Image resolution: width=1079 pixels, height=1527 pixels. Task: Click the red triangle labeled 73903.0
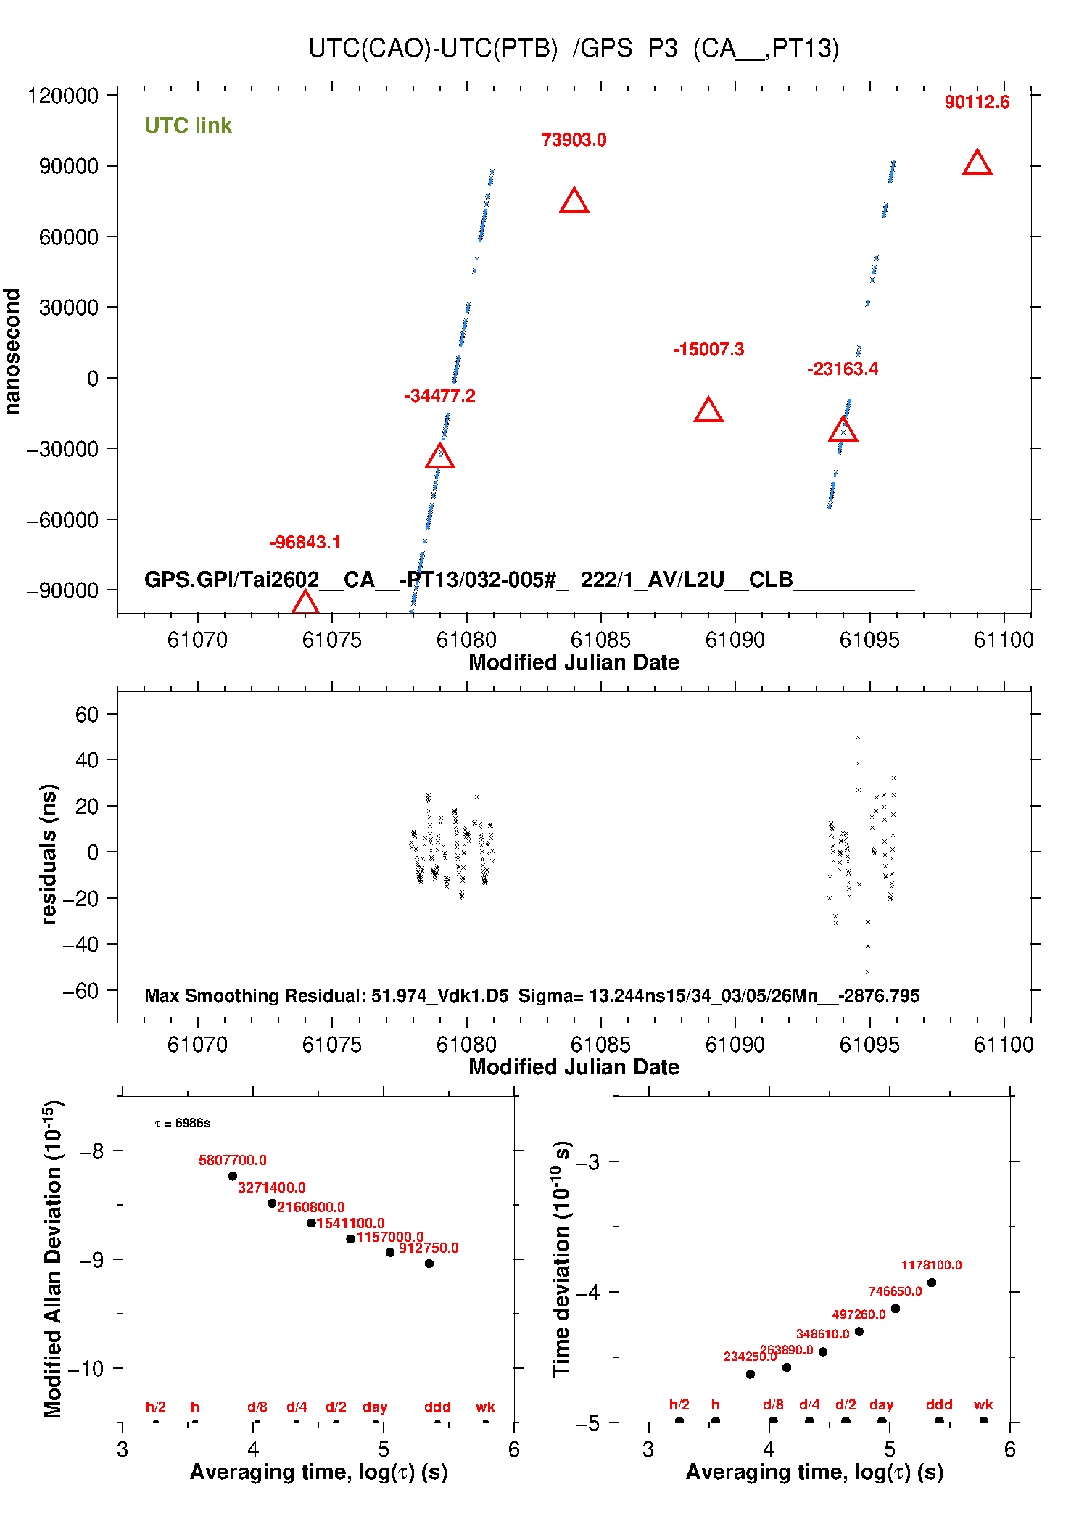coord(574,201)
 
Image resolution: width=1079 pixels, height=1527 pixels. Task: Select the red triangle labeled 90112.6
coord(977,163)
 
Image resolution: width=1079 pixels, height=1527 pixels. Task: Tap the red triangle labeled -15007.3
coord(708,411)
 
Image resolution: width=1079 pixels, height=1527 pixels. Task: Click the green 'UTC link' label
coord(188,125)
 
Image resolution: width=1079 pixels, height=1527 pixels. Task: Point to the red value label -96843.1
coord(305,543)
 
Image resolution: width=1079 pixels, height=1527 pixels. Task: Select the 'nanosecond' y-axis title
coord(12,352)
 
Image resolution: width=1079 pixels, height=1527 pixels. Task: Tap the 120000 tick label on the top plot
coord(62,96)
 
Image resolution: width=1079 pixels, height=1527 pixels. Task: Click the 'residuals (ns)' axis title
coord(49,854)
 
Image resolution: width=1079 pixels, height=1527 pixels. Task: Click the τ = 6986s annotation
coord(183,1123)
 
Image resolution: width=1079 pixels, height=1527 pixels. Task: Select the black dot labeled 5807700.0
coord(233,1176)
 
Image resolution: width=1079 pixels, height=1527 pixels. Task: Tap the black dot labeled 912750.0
coord(429,1263)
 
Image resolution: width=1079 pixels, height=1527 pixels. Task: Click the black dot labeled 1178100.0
coord(932,1283)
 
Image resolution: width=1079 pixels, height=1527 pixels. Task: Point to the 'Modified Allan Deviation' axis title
coord(52,1259)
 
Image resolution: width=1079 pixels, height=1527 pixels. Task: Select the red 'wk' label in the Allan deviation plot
coord(485,1407)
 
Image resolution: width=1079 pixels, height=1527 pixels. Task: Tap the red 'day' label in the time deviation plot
coord(881,1404)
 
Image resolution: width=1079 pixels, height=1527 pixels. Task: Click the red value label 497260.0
coord(859,1314)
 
